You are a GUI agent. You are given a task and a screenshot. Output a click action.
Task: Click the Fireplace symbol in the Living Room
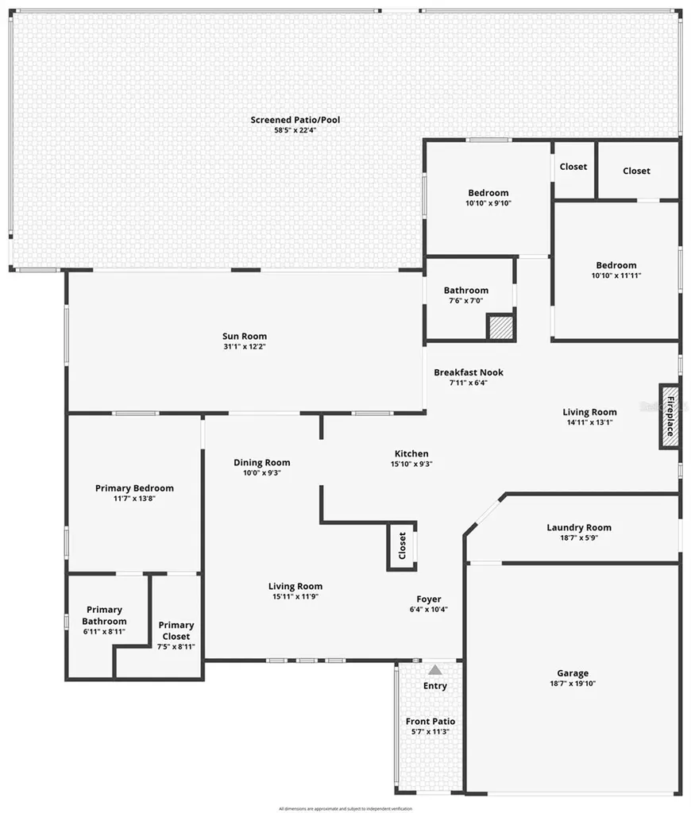pos(669,416)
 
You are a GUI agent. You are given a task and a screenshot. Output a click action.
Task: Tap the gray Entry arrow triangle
pos(435,670)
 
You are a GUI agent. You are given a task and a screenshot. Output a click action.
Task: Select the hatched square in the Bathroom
pos(500,327)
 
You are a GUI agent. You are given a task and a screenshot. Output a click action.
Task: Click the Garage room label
pos(573,673)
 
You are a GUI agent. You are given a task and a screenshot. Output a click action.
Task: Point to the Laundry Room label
pos(579,527)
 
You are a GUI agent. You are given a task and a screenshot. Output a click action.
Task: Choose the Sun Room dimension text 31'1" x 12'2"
pos(245,347)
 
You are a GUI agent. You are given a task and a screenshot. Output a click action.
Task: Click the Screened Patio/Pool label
pos(295,120)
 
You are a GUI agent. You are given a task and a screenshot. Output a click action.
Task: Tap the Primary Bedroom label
pos(134,487)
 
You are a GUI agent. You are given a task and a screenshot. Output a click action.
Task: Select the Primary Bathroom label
pos(104,615)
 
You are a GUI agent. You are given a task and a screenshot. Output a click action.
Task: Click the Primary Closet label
pos(176,630)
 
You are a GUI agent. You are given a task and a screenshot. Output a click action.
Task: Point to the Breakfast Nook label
pos(469,372)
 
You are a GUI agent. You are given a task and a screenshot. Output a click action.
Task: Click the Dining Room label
pos(261,462)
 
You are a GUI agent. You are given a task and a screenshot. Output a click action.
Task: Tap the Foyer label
pos(429,599)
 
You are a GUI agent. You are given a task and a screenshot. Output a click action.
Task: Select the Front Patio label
pos(430,721)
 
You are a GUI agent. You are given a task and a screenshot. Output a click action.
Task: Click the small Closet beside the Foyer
pos(402,545)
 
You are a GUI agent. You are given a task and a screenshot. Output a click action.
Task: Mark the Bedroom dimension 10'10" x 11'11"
pos(616,275)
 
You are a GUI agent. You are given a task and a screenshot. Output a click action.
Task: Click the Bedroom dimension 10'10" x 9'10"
pos(488,203)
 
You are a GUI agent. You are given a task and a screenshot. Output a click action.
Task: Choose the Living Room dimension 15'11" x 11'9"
pos(295,597)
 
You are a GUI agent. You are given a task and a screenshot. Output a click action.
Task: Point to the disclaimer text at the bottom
pos(345,808)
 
